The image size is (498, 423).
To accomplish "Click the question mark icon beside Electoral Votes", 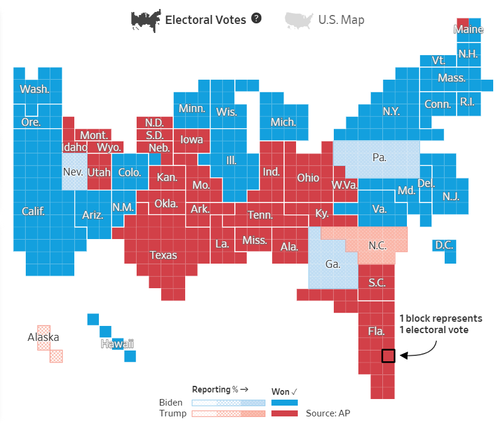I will (256, 19).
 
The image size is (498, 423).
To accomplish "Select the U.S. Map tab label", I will (341, 20).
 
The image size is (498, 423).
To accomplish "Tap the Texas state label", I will (164, 255).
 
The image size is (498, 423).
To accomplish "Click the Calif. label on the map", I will (34, 211).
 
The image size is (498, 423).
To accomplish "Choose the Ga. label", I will (333, 264).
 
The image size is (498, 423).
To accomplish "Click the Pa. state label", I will (379, 158).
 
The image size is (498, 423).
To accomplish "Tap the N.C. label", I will (378, 245).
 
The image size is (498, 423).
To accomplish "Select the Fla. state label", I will (376, 331).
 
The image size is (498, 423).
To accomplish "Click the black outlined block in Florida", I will (388, 356).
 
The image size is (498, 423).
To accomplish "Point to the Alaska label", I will (43, 337).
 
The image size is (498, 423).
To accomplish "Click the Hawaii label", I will (117, 344).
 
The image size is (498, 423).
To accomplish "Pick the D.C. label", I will (444, 245).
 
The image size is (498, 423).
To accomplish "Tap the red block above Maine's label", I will (463, 22).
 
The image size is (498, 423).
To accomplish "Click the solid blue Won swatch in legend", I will (284, 403).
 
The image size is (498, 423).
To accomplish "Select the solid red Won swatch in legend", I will (284, 413).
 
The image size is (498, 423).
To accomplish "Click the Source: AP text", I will (327, 413).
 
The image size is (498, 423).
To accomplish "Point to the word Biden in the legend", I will (171, 403).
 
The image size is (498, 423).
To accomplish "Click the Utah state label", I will (99, 173).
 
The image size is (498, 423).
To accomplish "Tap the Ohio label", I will (308, 178).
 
